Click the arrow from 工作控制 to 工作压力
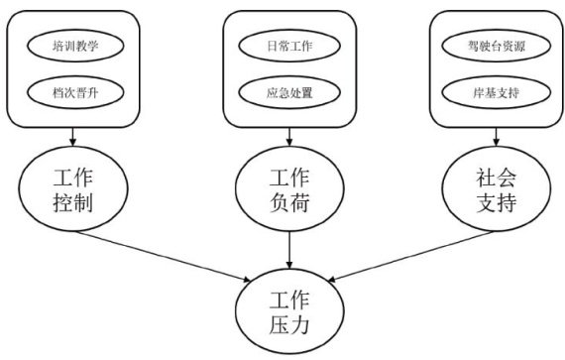[x=164, y=256]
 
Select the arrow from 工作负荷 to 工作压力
[x=289, y=250]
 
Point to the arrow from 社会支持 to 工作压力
[x=410, y=256]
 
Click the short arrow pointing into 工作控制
[x=72, y=137]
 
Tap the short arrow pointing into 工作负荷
[x=289, y=137]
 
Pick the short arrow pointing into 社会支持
[x=497, y=137]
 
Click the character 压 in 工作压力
[x=279, y=324]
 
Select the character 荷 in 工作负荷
[x=299, y=201]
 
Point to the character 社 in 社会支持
[x=486, y=177]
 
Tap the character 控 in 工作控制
[x=62, y=201]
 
